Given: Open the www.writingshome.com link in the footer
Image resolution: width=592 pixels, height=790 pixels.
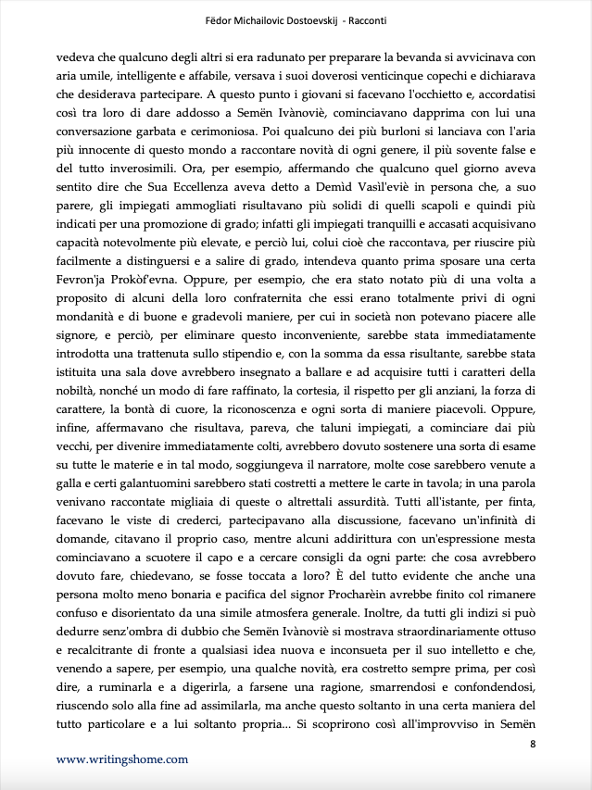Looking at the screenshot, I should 121,759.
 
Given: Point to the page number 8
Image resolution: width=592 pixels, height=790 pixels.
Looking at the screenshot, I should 532,744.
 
